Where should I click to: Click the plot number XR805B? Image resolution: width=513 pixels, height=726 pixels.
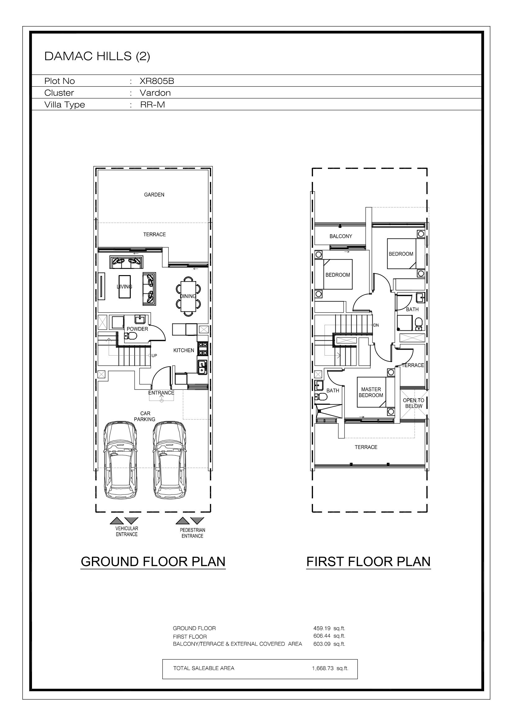pos(157,81)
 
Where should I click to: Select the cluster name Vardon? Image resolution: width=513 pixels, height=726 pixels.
pos(155,93)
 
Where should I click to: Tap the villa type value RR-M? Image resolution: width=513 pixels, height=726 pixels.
pos(152,105)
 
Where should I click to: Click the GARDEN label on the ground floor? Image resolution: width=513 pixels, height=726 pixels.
pos(154,195)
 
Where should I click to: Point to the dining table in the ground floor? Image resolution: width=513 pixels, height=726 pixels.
pos(188,296)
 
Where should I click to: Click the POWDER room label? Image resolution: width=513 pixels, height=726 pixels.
pos(137,329)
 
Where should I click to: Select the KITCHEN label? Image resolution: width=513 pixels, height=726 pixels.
pos(184,350)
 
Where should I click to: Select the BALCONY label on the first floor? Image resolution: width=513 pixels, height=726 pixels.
pos(341,236)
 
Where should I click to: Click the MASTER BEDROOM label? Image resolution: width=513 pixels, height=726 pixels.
pos(371,392)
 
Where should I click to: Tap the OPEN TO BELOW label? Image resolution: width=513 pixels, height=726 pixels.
pos(413,403)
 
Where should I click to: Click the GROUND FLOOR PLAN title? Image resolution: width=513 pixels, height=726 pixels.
pos(153,561)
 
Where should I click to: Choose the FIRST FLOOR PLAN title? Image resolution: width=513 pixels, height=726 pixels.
pos(369,561)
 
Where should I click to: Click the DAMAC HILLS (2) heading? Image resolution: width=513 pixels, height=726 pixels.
pos(97,56)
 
